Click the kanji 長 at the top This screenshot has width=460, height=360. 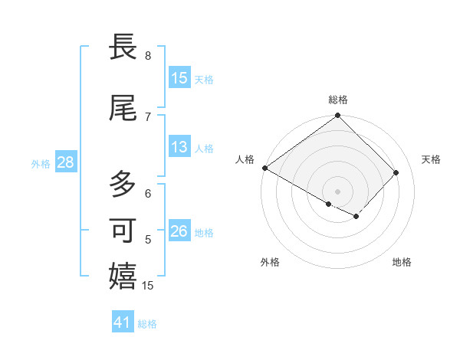(x=123, y=47)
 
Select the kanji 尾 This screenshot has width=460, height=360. (x=123, y=109)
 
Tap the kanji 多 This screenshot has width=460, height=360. (x=123, y=185)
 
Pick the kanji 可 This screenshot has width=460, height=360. (x=123, y=231)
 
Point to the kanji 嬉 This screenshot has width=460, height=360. (x=123, y=277)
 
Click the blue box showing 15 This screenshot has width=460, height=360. (x=179, y=78)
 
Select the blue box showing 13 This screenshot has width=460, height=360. (x=179, y=147)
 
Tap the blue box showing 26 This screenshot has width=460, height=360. (x=179, y=231)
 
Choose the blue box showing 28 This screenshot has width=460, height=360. (x=64, y=162)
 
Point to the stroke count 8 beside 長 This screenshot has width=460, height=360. (x=148, y=56)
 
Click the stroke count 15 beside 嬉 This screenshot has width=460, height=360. (x=149, y=286)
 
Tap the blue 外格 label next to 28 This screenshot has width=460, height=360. (x=41, y=163)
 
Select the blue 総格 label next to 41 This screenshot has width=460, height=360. (x=147, y=323)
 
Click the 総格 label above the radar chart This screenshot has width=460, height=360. (x=338, y=100)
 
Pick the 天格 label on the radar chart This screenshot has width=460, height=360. (x=431, y=159)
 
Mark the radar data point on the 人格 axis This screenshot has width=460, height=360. (x=264, y=168)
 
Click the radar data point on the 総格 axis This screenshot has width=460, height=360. (x=338, y=116)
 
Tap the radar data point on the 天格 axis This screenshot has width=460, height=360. (x=396, y=172)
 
